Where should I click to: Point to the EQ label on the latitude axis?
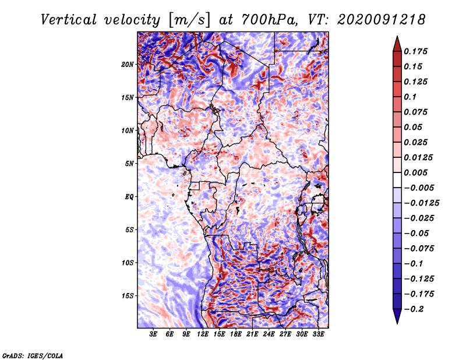(x=129, y=197)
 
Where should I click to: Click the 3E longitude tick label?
(x=154, y=335)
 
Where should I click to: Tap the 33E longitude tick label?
(x=317, y=335)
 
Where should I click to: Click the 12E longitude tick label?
(x=203, y=335)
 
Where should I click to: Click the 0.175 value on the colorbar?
(x=416, y=51)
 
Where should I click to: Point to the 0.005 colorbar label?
(x=416, y=172)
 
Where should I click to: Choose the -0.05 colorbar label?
(x=416, y=233)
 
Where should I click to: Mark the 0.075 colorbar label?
(x=416, y=112)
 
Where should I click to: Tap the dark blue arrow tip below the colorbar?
(x=396, y=319)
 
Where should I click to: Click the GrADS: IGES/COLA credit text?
(x=32, y=355)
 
